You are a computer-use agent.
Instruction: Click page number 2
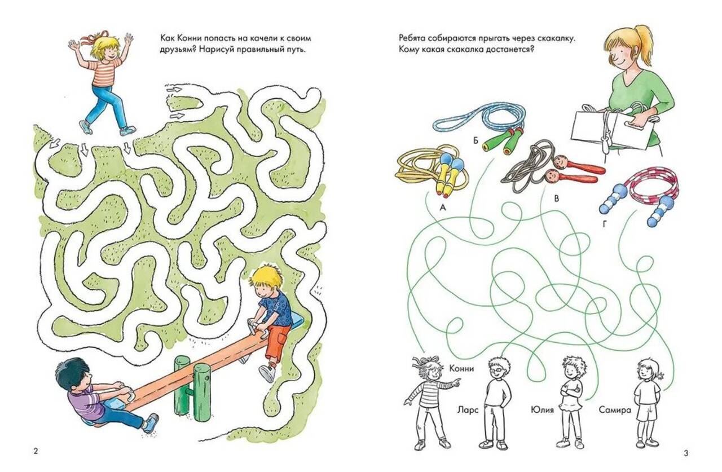(36, 451)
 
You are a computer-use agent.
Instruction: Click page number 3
(686, 453)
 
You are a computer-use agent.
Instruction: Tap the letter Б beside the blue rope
(476, 140)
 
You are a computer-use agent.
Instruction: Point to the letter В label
(556, 199)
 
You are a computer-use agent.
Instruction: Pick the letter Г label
(605, 224)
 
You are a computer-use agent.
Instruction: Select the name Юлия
(542, 410)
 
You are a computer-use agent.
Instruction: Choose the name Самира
(615, 411)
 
